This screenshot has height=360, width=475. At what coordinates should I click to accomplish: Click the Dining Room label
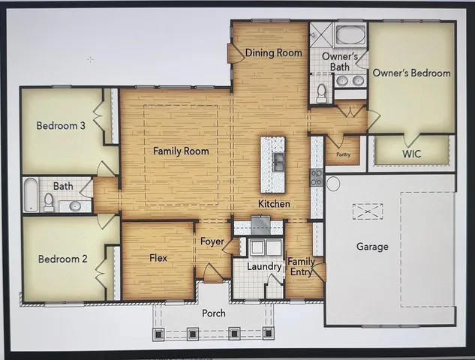click(x=274, y=52)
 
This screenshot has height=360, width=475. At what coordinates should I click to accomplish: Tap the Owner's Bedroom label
click(x=412, y=73)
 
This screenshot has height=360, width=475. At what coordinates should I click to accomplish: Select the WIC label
click(x=412, y=153)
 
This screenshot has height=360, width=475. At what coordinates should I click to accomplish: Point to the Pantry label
click(x=344, y=154)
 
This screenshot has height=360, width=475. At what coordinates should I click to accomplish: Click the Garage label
click(x=372, y=246)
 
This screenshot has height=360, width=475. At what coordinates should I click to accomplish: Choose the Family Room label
click(x=181, y=151)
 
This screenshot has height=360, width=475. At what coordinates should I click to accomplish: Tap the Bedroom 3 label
click(x=61, y=125)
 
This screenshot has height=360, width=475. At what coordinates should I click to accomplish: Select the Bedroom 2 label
click(x=63, y=259)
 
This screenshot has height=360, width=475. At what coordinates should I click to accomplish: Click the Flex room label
click(x=158, y=258)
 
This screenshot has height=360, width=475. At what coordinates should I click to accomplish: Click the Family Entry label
click(x=302, y=265)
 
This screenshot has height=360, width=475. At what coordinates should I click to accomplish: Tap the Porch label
click(x=214, y=313)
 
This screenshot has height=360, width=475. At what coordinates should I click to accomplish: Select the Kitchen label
click(x=274, y=204)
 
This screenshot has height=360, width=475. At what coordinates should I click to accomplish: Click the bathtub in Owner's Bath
click(x=349, y=35)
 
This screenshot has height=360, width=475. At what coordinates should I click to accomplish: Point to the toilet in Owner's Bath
click(x=321, y=91)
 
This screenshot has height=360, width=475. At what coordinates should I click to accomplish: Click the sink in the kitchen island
click(x=278, y=161)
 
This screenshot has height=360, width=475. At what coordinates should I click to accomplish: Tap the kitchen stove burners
click(x=317, y=178)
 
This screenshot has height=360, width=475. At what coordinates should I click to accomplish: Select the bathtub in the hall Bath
click(x=30, y=195)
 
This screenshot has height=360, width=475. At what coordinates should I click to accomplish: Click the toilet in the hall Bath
click(x=49, y=201)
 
